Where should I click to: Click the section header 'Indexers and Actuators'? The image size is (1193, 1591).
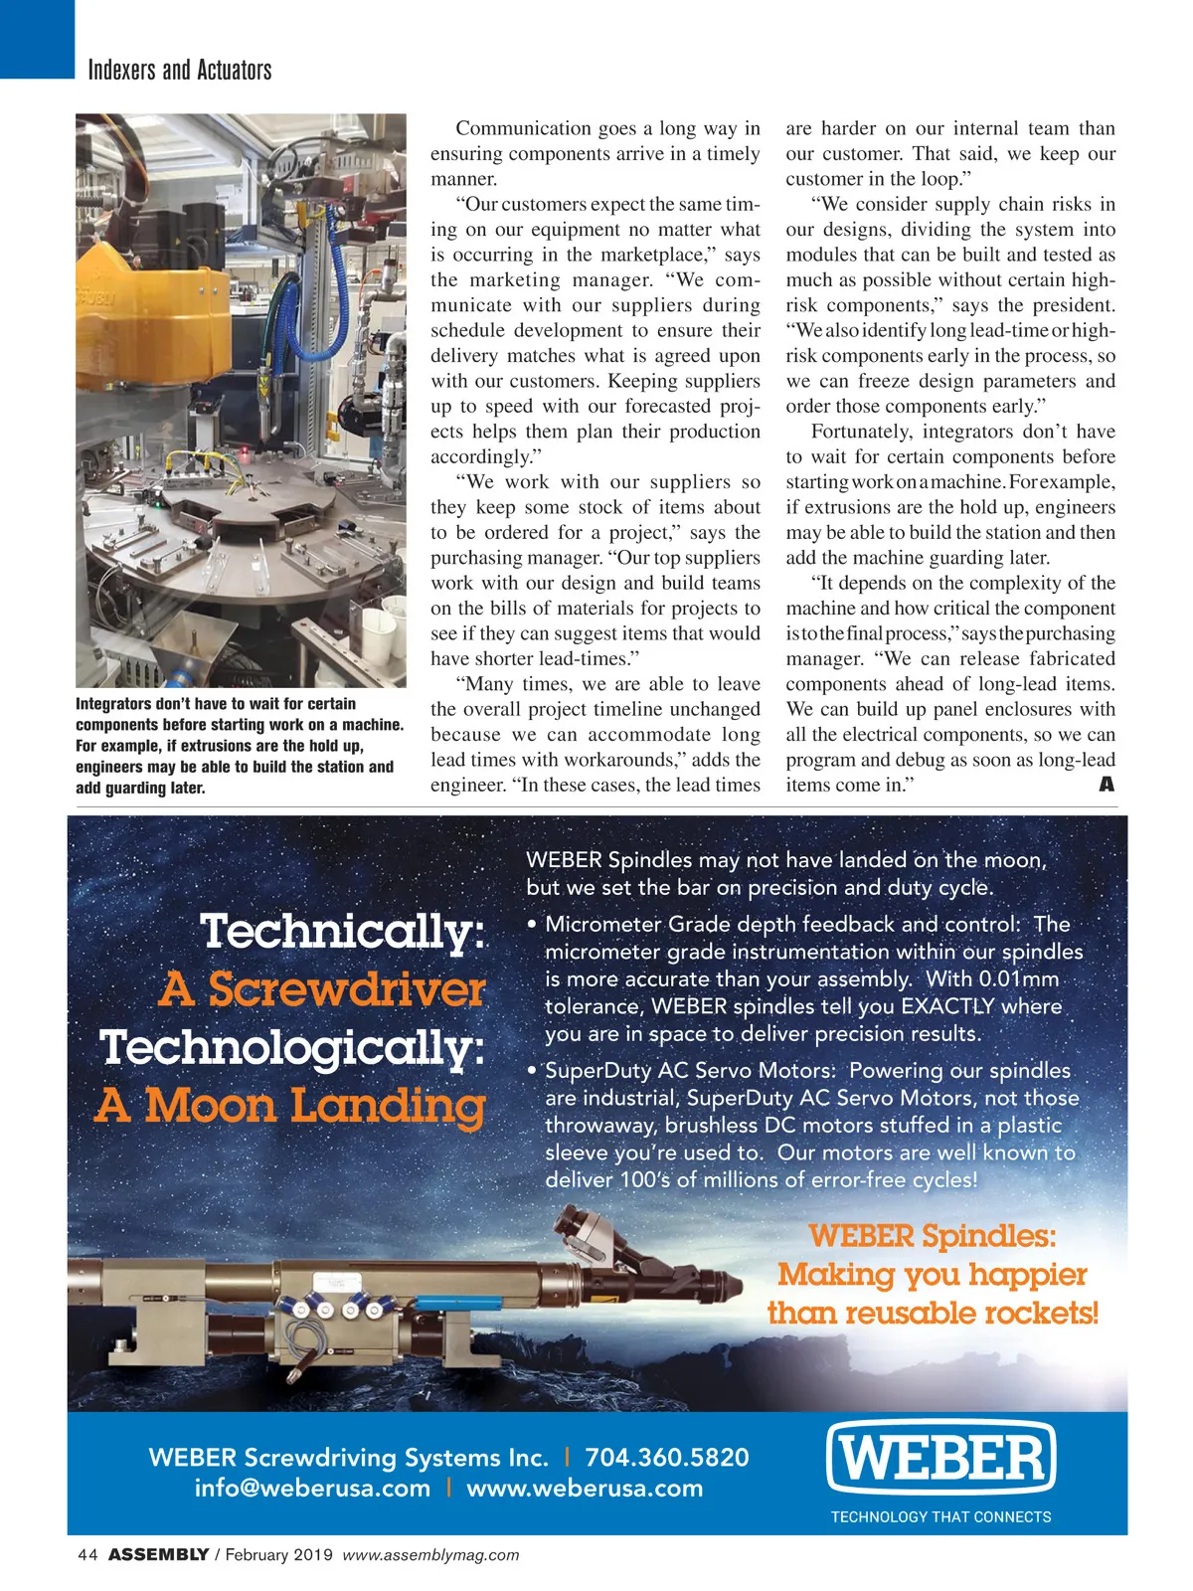point(179,70)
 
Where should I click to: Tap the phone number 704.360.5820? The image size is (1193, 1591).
point(666,1458)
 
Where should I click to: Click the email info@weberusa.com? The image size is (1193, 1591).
point(312,1489)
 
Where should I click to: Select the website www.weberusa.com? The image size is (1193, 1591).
point(585,1489)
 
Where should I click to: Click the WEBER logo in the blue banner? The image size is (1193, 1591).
point(940,1458)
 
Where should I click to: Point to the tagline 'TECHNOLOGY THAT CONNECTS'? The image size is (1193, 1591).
point(940,1517)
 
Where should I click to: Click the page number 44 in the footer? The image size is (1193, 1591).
point(86,1555)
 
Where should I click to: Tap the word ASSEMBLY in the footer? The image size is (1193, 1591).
point(158,1555)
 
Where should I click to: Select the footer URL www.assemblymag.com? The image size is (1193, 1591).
point(430,1555)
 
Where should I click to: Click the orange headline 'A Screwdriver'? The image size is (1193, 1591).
point(322,989)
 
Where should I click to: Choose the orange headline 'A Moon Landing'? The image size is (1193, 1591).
point(290,1106)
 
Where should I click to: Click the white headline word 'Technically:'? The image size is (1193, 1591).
point(343,932)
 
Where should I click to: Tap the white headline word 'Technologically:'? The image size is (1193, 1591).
point(292,1048)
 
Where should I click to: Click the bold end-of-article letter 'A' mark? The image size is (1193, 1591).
point(1107,785)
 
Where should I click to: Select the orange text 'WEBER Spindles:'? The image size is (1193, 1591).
point(932,1236)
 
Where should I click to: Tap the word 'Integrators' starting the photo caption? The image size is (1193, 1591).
point(113,704)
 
